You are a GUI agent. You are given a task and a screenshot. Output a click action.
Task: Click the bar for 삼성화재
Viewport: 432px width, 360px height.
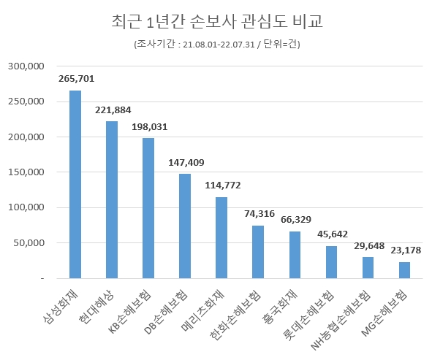point(75,185)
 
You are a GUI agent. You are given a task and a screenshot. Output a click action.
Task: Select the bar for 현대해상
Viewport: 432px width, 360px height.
point(112,200)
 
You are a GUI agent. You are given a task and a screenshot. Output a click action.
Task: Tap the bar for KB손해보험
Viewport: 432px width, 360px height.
point(148,208)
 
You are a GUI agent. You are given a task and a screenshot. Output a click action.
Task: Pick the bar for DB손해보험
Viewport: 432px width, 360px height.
point(185,226)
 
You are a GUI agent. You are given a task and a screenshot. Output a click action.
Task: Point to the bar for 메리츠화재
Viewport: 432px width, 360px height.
point(221,238)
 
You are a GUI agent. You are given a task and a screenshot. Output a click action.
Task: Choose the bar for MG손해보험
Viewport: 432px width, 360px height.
point(404,270)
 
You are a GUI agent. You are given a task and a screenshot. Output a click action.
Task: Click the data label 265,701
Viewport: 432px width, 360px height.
point(76,79)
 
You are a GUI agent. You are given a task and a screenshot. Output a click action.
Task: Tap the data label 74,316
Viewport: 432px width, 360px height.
point(259,214)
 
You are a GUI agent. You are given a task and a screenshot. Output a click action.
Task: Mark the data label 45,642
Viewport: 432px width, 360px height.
point(332,234)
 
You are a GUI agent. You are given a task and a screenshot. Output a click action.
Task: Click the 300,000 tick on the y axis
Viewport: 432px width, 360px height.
point(26,66)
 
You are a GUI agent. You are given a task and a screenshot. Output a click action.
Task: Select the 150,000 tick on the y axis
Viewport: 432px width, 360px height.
point(26,172)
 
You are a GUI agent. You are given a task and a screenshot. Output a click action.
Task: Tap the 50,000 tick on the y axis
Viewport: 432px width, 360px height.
point(29,243)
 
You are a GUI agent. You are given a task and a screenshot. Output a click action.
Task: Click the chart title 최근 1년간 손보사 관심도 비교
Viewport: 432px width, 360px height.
point(216,22)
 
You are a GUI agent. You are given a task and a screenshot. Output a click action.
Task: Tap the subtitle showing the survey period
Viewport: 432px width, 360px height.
point(216,45)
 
